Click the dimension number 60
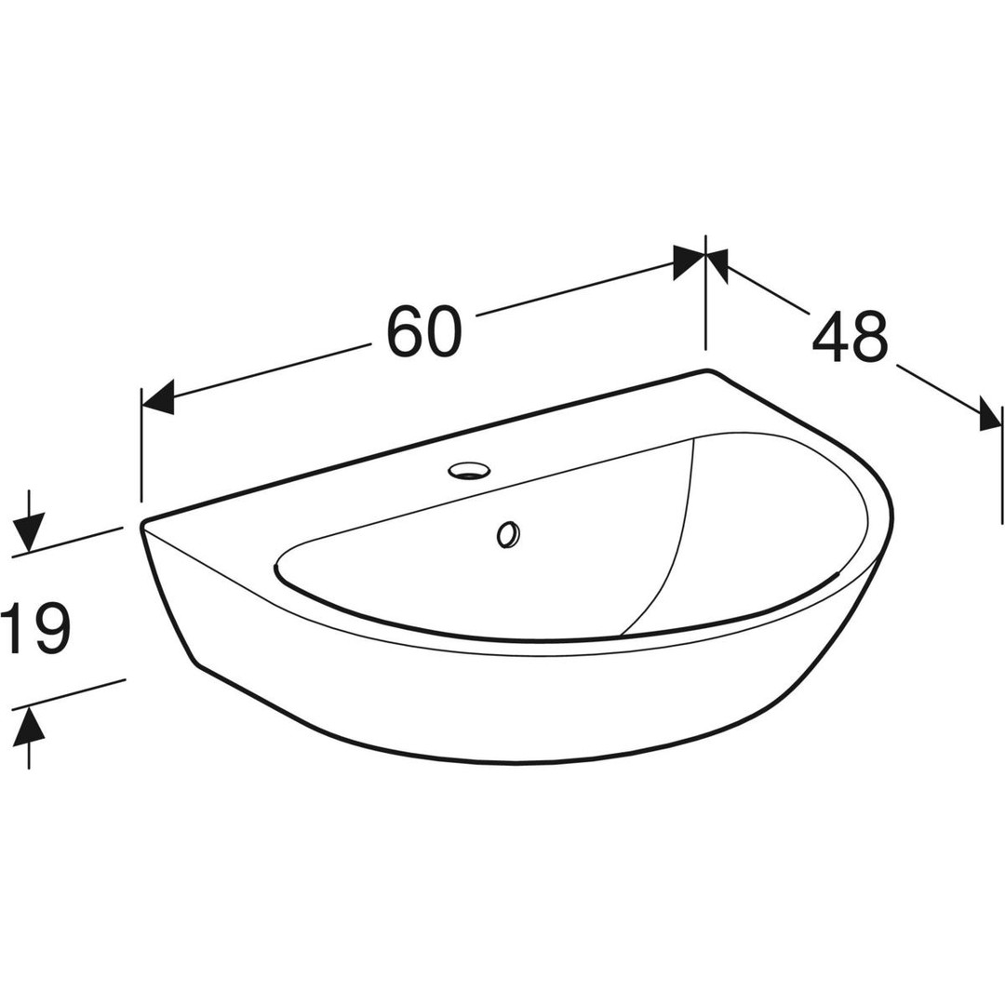click(x=423, y=331)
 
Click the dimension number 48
click(x=850, y=337)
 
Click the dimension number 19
click(x=34, y=629)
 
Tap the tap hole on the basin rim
click(x=471, y=471)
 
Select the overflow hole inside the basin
click(x=508, y=534)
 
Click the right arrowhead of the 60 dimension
click(x=689, y=262)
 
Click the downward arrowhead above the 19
click(x=29, y=532)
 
